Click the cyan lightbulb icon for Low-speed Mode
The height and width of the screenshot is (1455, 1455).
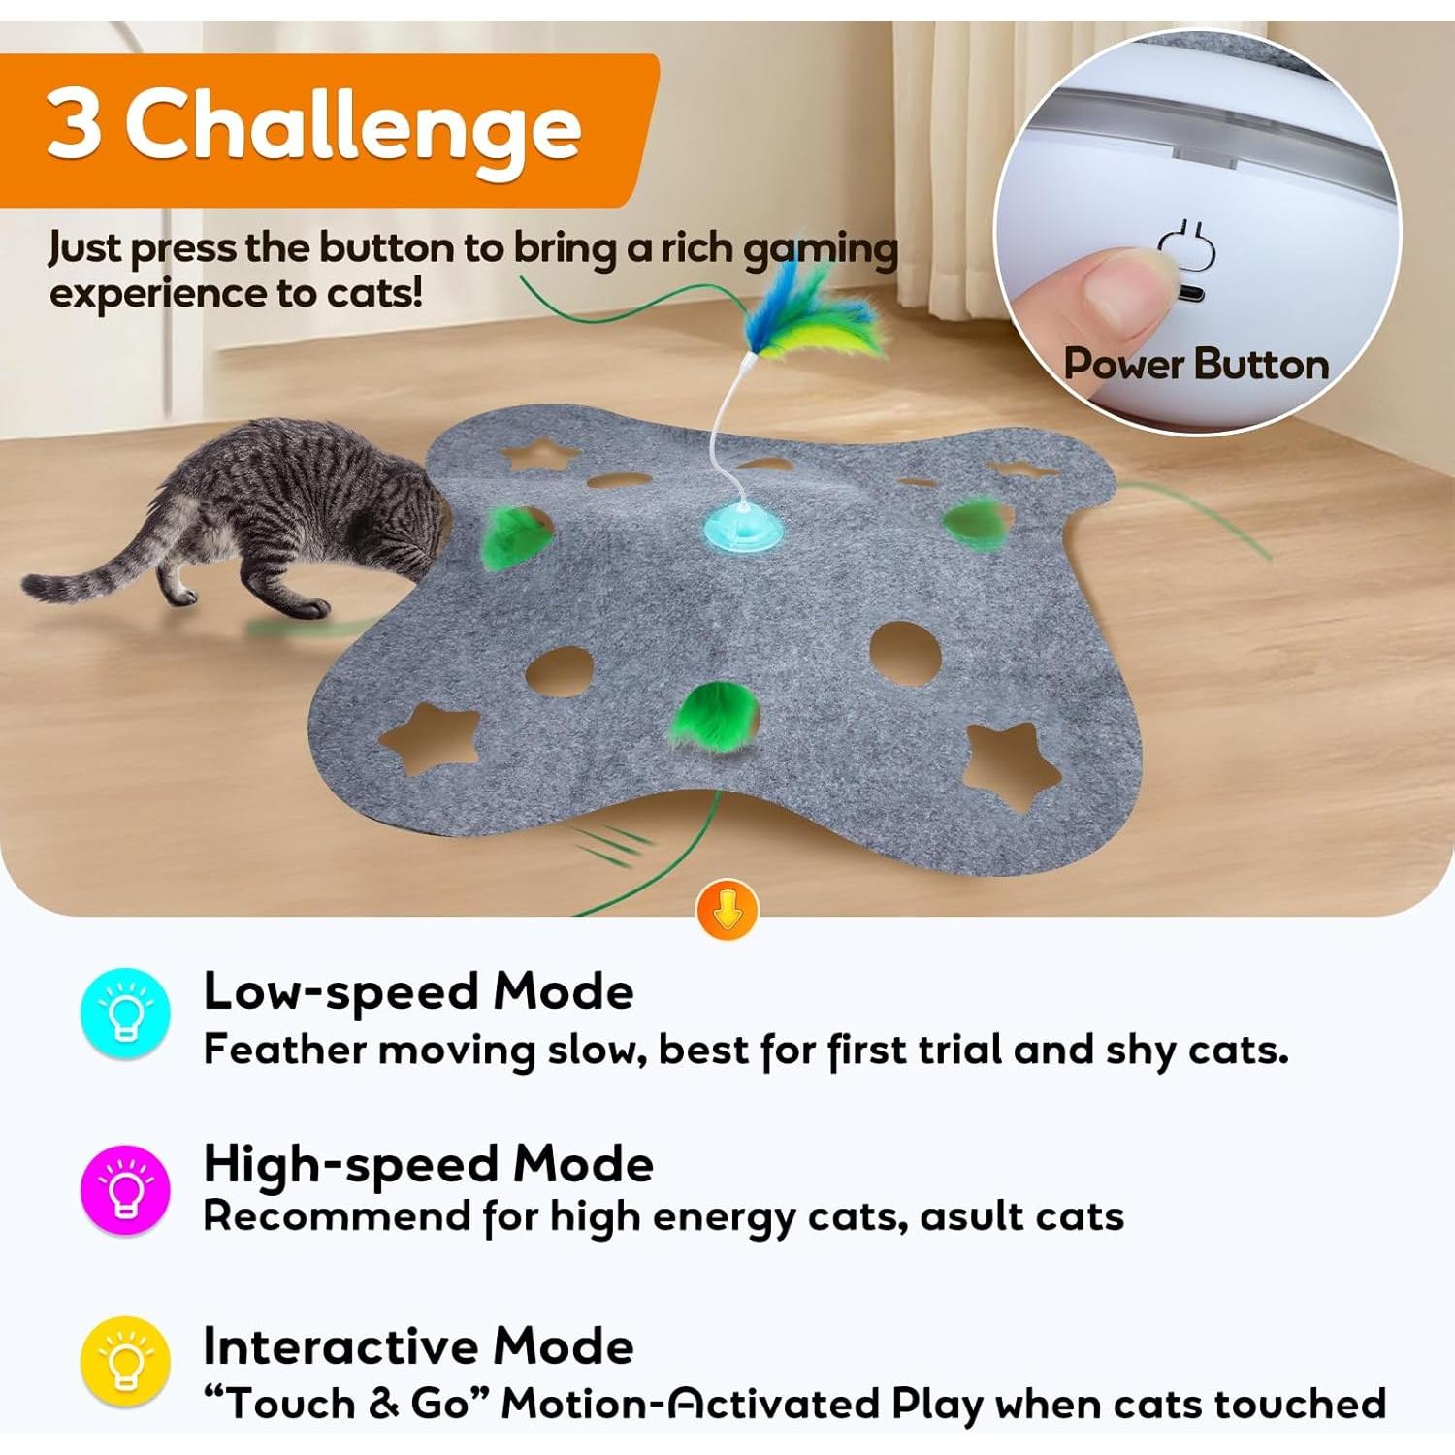click(125, 1013)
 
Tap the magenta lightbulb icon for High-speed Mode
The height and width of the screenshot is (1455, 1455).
click(125, 1189)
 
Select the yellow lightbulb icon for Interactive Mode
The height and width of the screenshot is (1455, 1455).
click(125, 1362)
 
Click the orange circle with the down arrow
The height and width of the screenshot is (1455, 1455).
click(727, 910)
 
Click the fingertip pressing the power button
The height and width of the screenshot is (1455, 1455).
click(1115, 291)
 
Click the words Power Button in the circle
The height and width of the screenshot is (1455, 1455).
click(1196, 365)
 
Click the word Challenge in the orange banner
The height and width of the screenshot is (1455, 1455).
click(354, 128)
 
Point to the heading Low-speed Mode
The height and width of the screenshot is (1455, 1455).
click(418, 991)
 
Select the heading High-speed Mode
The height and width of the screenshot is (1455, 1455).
click(428, 1163)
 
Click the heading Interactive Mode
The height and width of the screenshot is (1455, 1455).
click(418, 1346)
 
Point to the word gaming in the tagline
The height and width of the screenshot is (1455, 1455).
click(820, 249)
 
